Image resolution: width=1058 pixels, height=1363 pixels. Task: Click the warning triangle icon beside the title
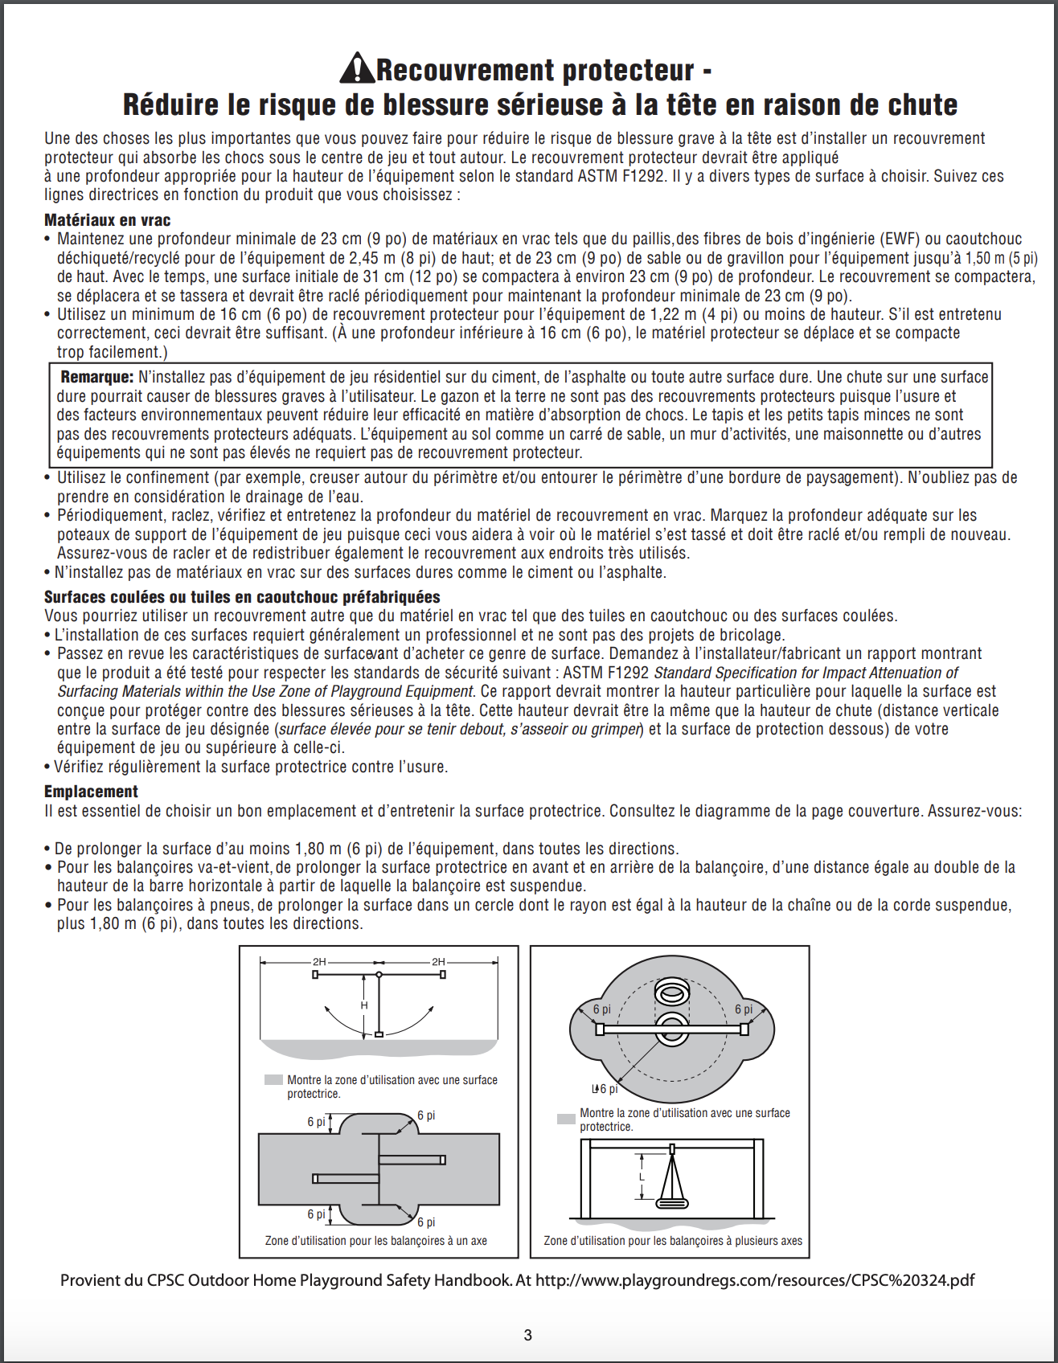[357, 69]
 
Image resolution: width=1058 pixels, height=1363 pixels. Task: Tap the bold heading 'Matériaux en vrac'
[107, 220]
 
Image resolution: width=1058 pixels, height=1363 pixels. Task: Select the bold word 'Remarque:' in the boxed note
[97, 377]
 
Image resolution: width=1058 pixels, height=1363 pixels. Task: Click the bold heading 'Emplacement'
[91, 792]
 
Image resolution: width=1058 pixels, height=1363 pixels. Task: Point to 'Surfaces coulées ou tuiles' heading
[241, 597]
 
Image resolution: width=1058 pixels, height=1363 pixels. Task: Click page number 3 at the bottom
[527, 1335]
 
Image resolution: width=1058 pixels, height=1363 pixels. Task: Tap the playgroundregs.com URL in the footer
[754, 1280]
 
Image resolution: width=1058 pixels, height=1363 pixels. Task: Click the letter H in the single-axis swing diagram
[364, 1005]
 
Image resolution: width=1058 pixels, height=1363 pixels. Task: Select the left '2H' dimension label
[319, 962]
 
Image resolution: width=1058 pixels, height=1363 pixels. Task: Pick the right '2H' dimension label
[438, 962]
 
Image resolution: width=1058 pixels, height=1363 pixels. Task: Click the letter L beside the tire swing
[642, 1177]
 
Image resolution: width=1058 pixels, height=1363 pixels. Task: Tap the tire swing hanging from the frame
[672, 1202]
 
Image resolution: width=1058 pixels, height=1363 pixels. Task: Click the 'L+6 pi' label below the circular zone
[605, 1089]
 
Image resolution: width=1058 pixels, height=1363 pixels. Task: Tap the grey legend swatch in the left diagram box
[273, 1080]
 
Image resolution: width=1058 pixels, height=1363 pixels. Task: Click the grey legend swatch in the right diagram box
[566, 1119]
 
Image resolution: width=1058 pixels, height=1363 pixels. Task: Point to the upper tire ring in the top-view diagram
[671, 992]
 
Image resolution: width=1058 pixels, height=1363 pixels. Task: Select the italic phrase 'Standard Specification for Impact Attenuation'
[805, 673]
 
